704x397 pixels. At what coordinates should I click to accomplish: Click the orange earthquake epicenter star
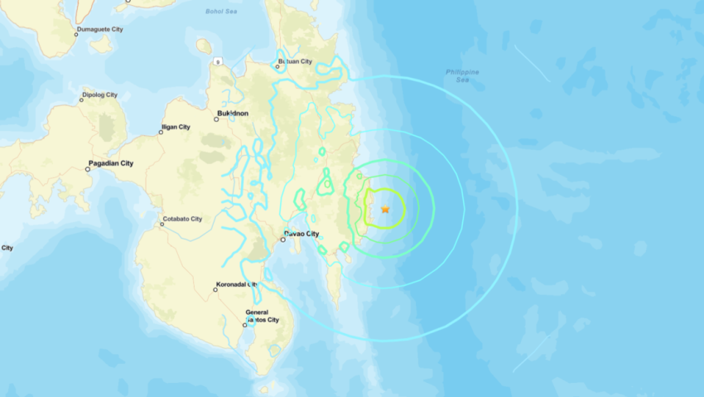(x=385, y=210)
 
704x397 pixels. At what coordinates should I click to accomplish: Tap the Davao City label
(x=303, y=234)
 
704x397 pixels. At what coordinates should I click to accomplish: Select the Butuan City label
(x=297, y=61)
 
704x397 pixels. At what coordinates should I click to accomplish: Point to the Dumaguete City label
(x=99, y=29)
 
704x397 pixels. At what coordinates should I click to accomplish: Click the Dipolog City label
(x=99, y=95)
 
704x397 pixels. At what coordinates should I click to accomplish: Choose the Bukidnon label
(x=233, y=113)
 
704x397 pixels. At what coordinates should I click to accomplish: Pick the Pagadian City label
(x=112, y=164)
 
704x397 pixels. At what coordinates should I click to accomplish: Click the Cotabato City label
(x=183, y=219)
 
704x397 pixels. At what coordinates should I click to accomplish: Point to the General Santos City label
(x=262, y=316)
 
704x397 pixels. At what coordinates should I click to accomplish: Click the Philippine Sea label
(x=462, y=76)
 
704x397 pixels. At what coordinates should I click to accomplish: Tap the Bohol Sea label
(x=221, y=11)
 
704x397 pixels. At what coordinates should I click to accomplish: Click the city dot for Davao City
(x=283, y=241)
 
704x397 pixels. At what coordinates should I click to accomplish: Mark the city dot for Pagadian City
(x=88, y=169)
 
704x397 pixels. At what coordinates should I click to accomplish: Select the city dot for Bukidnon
(x=216, y=119)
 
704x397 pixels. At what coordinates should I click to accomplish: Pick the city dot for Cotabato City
(x=162, y=224)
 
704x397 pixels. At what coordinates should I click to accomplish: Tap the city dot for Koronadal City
(x=215, y=290)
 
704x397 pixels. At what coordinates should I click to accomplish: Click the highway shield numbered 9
(x=218, y=61)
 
